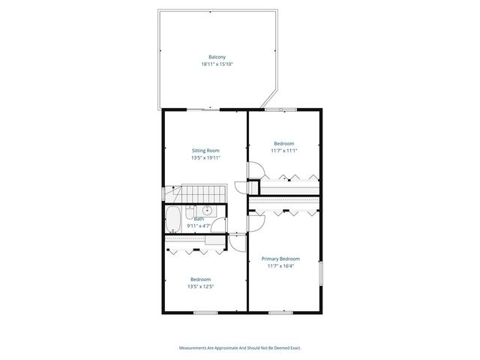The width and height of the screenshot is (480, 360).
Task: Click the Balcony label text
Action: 217,57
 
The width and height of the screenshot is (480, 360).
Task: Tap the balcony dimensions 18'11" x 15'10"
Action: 217,64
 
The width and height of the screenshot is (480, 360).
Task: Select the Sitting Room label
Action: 205,151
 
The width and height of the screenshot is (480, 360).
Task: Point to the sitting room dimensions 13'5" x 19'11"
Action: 205,158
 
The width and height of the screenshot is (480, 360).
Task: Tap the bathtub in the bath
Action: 172,220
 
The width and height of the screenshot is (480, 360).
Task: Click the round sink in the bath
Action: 208,210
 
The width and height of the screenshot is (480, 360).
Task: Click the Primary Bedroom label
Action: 283,258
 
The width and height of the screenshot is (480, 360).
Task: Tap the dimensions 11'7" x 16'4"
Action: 283,265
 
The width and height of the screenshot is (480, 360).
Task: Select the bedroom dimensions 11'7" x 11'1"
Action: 284,151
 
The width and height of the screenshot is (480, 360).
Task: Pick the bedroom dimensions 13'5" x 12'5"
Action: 200,286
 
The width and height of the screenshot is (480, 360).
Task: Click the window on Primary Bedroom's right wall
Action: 320,274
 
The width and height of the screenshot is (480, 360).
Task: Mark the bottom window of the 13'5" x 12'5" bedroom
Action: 205,311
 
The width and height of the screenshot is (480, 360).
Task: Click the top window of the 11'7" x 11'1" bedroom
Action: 286,109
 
